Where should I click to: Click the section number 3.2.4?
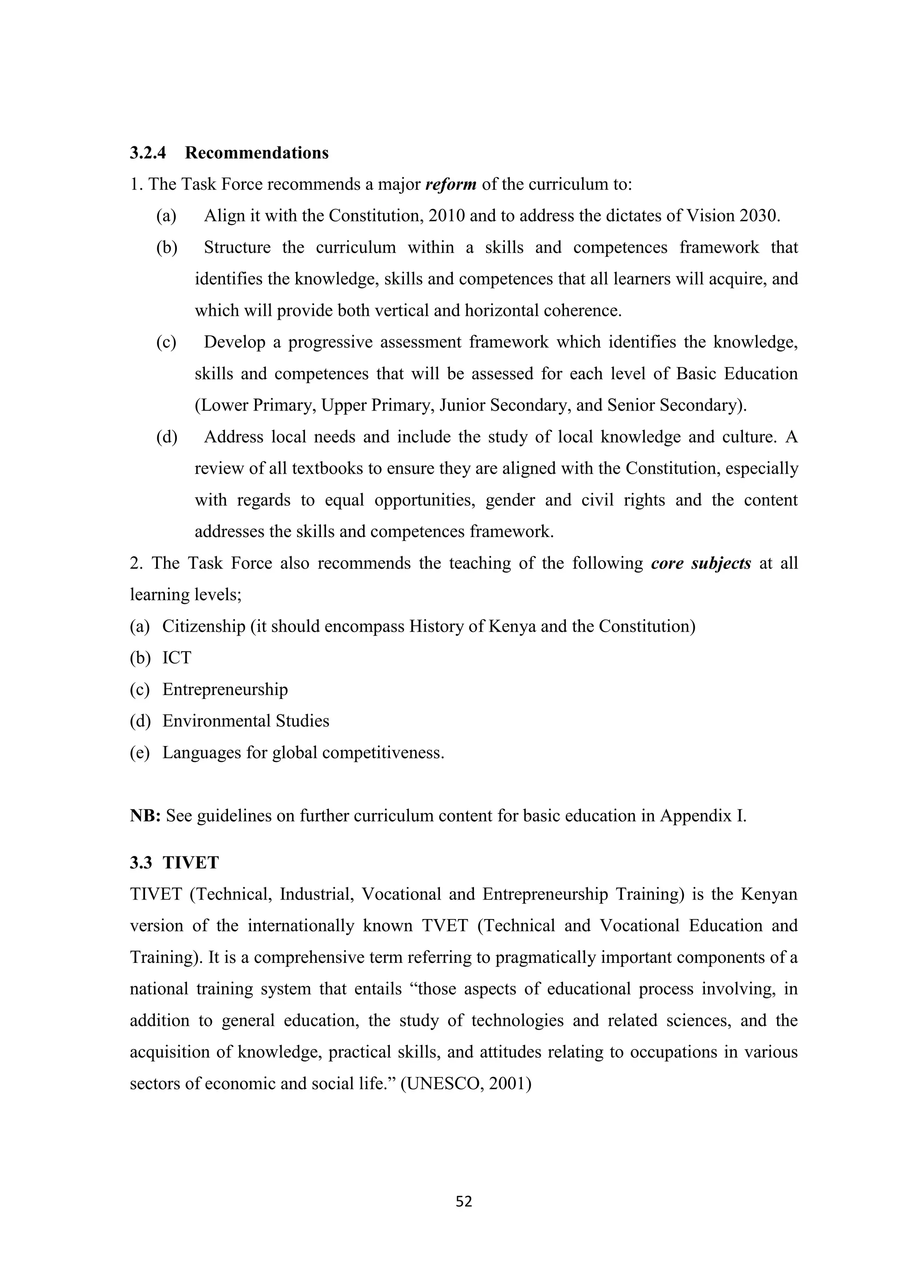148,153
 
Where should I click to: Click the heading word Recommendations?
257,153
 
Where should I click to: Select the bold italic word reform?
450,184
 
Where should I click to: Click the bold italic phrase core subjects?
701,563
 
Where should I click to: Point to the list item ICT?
177,658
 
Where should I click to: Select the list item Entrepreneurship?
225,690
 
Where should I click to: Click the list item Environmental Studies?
246,721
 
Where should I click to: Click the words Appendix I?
703,816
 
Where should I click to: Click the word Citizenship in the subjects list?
204,626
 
